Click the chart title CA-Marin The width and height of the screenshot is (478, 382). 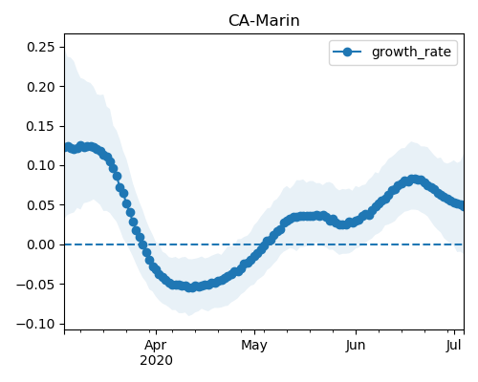(264, 21)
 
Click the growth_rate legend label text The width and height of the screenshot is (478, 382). (411, 52)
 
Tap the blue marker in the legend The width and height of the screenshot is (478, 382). (347, 52)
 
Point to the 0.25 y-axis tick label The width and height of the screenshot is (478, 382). (41, 47)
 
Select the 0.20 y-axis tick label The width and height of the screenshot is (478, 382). (41, 87)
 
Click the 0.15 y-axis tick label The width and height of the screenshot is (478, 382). (41, 126)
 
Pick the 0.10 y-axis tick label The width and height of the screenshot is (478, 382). (41, 165)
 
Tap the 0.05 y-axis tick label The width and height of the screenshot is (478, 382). (41, 205)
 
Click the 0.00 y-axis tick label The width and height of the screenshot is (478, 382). (41, 244)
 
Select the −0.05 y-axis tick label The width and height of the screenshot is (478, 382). (36, 285)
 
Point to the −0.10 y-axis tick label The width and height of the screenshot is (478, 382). (36, 324)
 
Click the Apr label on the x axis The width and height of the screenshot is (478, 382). (156, 346)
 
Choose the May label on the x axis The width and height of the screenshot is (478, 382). (254, 346)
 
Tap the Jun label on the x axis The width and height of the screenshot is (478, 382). (356, 346)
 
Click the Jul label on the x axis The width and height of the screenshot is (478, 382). (454, 346)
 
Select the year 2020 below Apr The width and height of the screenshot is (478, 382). (156, 361)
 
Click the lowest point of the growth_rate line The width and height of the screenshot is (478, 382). (190, 287)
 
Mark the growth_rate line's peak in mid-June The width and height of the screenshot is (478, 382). (414, 180)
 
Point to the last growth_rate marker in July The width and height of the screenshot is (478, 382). (461, 205)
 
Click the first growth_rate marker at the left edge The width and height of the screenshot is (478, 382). (67, 147)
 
